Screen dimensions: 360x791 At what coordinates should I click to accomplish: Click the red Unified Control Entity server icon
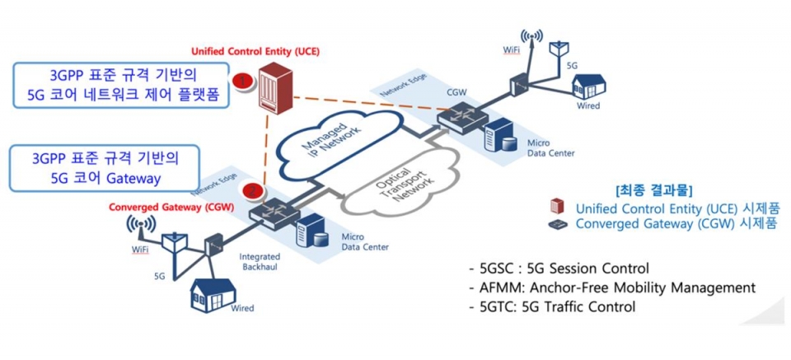pos(271,88)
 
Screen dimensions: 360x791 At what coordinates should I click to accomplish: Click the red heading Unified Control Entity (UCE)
pos(255,51)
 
